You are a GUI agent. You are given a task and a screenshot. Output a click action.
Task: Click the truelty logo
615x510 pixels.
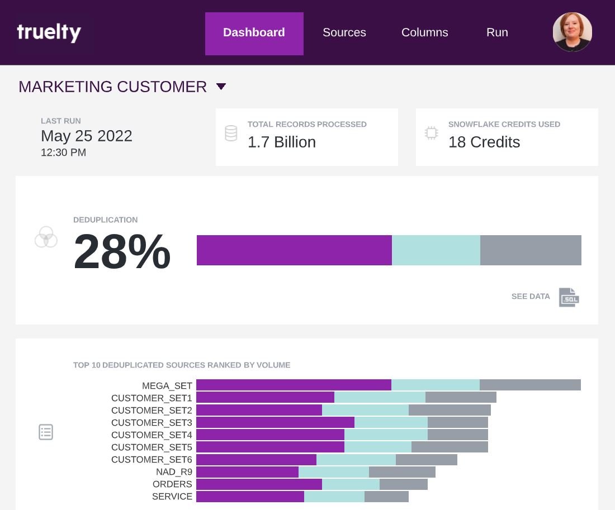coord(49,32)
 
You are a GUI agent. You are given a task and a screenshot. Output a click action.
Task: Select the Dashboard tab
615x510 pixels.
coord(254,33)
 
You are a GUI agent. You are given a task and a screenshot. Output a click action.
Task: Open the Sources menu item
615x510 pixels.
coord(344,33)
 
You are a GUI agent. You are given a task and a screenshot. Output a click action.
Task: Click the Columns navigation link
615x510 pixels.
coord(424,33)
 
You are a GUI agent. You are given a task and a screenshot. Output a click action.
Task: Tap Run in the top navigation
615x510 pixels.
coord(497,33)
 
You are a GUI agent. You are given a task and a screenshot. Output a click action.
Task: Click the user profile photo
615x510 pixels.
coord(572,32)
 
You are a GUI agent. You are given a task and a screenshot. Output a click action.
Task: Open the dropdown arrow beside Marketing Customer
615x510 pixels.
coord(221,87)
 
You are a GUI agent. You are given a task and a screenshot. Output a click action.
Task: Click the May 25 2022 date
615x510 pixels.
coord(87,136)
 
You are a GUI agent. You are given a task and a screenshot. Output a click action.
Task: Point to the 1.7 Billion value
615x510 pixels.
coord(282,142)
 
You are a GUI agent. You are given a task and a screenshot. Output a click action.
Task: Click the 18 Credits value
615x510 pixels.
coord(484,142)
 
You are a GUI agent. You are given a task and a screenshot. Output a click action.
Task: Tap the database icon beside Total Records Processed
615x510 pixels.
coord(231,134)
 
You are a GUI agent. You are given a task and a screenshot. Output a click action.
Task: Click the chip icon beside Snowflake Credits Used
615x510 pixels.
coord(431,134)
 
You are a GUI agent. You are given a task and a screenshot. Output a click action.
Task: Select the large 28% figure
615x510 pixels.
coord(122,252)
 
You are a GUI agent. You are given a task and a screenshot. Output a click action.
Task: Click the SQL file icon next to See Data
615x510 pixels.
coord(569,297)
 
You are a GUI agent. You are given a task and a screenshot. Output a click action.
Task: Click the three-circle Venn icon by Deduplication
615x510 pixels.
coord(46,237)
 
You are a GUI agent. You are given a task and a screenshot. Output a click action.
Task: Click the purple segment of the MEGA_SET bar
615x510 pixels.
coord(294,385)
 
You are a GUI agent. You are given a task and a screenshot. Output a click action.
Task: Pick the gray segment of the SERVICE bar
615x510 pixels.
coord(386,497)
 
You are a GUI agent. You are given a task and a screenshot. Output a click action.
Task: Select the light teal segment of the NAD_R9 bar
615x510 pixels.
coord(334,472)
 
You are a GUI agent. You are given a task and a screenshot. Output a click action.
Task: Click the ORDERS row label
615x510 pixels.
coord(172,484)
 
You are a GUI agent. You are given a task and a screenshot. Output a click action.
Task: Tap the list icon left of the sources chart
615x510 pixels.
coord(46,432)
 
